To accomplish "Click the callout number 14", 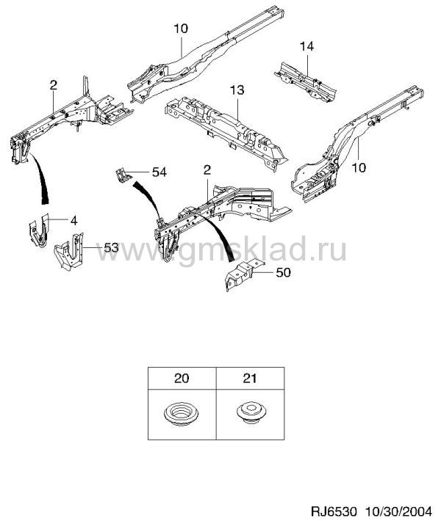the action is [x=306, y=46].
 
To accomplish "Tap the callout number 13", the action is [x=237, y=90].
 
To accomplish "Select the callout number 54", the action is [x=159, y=172].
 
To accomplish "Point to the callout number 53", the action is [x=111, y=247].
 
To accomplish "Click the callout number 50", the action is [x=283, y=272].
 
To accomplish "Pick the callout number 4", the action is [x=74, y=220].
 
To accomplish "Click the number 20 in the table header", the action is [x=182, y=379].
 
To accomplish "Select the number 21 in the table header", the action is [x=250, y=379].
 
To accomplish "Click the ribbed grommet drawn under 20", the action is [x=182, y=415].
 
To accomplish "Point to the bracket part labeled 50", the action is [x=244, y=274].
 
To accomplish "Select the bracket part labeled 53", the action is [x=69, y=252].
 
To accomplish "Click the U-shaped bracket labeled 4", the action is [x=38, y=230].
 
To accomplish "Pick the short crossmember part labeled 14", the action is [x=305, y=81].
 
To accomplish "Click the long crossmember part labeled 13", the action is [x=226, y=131].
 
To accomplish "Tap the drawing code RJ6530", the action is [x=334, y=511].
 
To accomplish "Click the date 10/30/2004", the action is [x=398, y=511].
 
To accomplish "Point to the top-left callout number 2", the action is [x=53, y=85].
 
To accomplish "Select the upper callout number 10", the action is [x=181, y=29].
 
